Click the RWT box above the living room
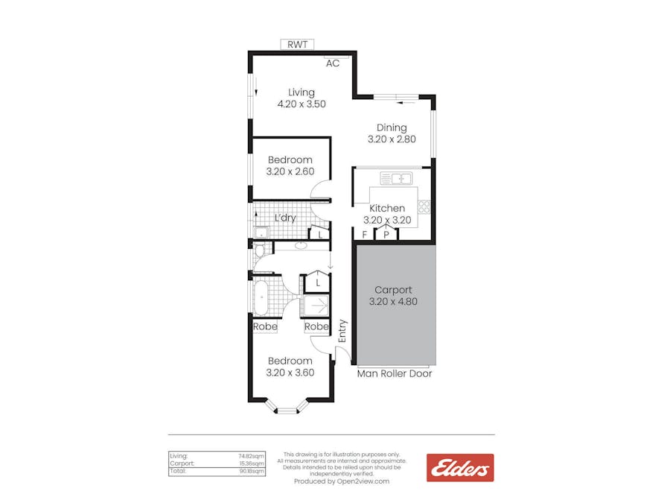(297, 45)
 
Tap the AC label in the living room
(333, 63)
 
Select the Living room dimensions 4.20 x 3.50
(301, 104)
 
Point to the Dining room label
(392, 127)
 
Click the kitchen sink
(396, 178)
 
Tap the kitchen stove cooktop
(424, 208)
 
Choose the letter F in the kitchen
(364, 235)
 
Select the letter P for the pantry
(386, 235)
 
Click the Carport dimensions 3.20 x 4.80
(393, 302)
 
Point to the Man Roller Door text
(395, 373)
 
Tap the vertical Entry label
(342, 332)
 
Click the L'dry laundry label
(285, 218)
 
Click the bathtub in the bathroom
(261, 297)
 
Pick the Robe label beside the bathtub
(265, 326)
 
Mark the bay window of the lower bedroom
(287, 407)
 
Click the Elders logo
(459, 468)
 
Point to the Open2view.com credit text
(342, 481)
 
